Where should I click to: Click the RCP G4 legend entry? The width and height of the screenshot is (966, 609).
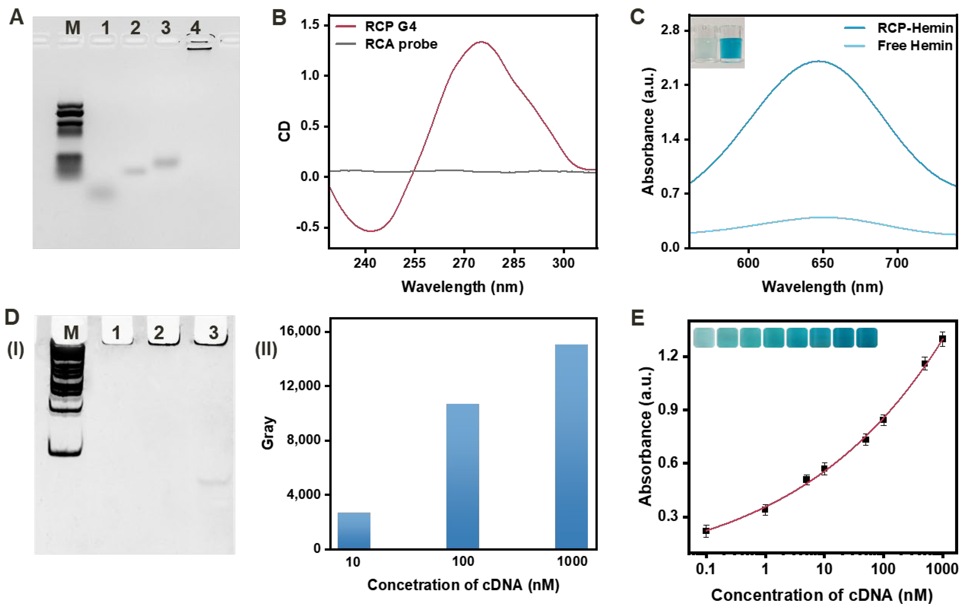pos(390,27)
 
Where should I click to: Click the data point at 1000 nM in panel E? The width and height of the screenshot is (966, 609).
pos(942,339)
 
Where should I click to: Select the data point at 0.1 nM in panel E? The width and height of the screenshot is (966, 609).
pos(706,531)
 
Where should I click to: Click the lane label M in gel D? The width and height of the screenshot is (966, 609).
pos(71,333)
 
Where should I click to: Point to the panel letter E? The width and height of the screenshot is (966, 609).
pos(638,318)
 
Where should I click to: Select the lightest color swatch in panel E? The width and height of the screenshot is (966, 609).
pos(704,338)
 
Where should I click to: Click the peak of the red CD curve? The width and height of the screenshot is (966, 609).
pos(481,42)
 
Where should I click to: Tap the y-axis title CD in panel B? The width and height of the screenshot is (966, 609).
pos(284,132)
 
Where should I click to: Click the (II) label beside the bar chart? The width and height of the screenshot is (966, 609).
pos(266,349)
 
